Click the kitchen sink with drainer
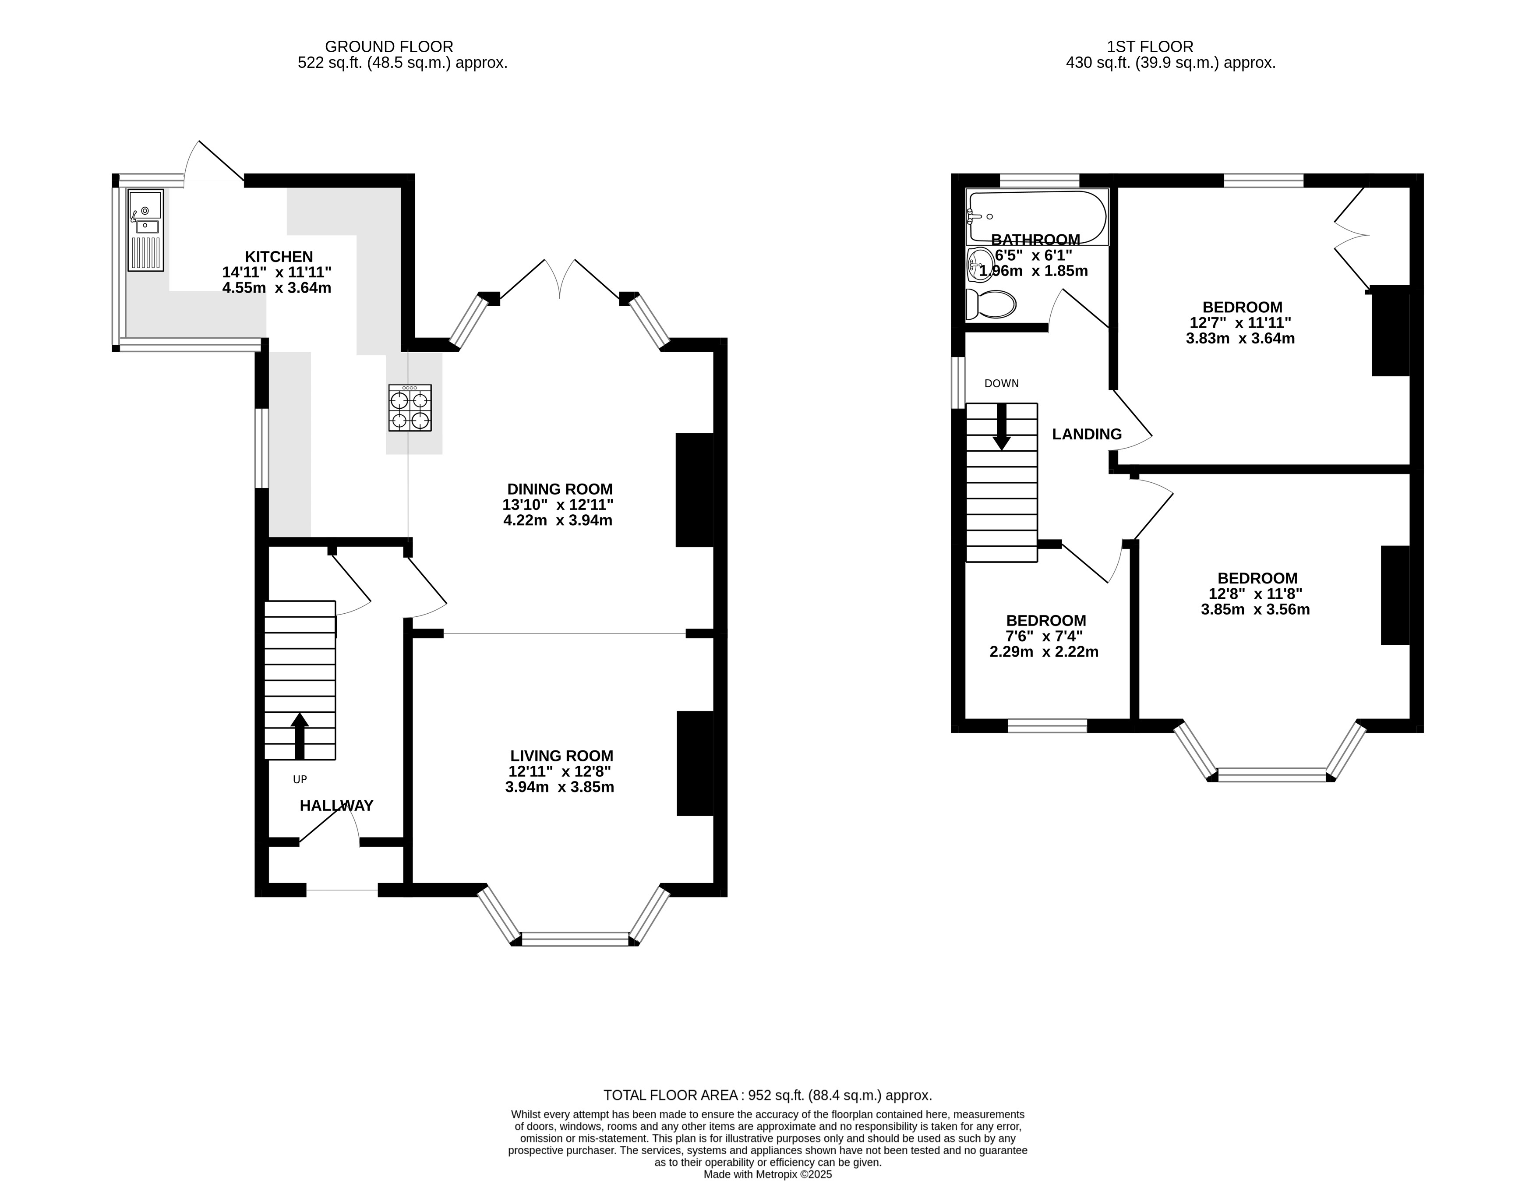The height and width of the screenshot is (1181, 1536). click(x=145, y=230)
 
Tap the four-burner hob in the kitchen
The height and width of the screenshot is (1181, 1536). click(x=410, y=408)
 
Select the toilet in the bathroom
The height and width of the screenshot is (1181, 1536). click(x=991, y=304)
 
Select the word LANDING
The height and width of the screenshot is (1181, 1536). click(x=1086, y=435)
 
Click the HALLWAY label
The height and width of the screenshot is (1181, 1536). click(x=336, y=806)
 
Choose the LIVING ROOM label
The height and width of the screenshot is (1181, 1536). click(x=561, y=756)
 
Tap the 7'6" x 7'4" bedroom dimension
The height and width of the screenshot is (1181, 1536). click(x=1044, y=636)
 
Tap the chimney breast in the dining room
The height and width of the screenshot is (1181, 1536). click(x=694, y=490)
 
